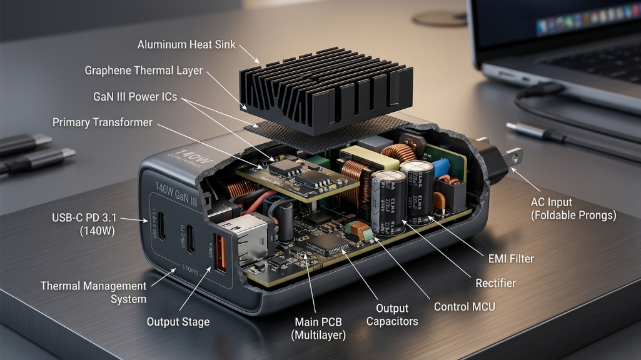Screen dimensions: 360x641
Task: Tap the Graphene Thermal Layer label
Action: [143, 71]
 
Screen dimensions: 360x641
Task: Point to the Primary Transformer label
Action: [102, 122]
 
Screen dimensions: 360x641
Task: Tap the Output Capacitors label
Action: [391, 315]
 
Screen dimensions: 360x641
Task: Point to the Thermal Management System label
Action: [94, 292]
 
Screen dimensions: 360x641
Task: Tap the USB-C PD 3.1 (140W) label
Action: [86, 224]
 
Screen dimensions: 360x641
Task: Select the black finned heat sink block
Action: [326, 91]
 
